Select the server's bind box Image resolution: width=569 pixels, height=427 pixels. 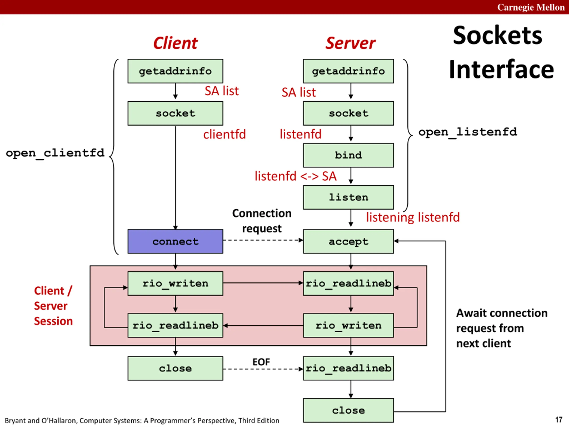[348, 155]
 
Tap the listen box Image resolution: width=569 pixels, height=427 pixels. [348, 197]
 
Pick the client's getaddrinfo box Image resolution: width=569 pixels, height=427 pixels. [175, 71]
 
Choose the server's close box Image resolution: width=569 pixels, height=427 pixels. [348, 410]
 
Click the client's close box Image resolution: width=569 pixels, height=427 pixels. [175, 368]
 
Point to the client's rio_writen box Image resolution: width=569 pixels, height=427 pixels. [175, 283]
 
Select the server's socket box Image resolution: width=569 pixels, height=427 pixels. [348, 113]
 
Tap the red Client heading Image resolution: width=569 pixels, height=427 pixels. [175, 43]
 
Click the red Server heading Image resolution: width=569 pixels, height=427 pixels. [350, 43]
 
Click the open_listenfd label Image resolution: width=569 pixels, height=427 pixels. [467, 132]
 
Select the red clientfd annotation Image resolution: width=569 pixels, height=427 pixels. [224, 134]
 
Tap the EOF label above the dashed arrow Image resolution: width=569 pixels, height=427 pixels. [261, 362]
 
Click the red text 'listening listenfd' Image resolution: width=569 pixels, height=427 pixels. [413, 217]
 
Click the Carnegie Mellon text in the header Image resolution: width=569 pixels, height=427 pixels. [531, 7]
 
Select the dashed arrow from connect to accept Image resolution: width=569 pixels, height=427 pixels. [262, 240]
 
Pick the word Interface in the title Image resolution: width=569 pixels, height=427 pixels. [501, 69]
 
